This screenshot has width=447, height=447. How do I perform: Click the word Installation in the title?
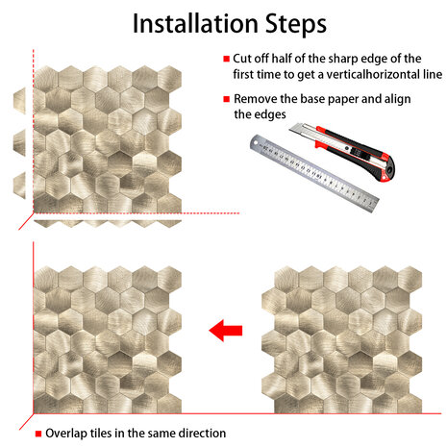[x=195, y=23]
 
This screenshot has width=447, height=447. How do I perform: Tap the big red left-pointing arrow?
[x=226, y=330]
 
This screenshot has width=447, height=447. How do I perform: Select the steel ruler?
[x=314, y=173]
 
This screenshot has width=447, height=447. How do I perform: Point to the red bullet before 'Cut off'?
[x=227, y=59]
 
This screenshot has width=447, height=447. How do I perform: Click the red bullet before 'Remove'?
[x=227, y=99]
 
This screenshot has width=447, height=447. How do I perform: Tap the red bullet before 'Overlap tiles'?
[x=38, y=434]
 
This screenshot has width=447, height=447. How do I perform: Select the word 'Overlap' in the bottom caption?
[x=66, y=434]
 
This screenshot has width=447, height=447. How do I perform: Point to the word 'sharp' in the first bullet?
[x=343, y=60]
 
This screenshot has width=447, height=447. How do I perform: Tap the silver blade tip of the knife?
[x=291, y=130]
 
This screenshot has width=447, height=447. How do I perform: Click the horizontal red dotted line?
[x=137, y=213]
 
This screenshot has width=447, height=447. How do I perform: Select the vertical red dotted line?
[x=34, y=132]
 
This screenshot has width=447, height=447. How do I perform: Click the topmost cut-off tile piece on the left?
[x=19, y=101]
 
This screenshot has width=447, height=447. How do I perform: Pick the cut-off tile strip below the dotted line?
[x=108, y=224]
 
